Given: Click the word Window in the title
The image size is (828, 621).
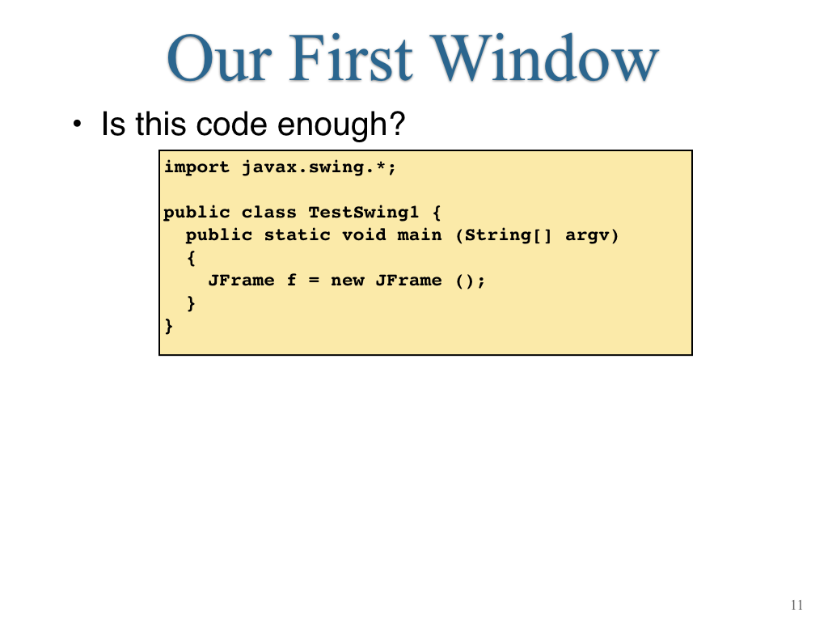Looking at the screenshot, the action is [x=545, y=57].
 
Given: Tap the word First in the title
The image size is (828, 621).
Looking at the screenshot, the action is [x=351, y=57].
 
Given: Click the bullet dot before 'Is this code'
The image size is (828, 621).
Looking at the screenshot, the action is [x=78, y=125].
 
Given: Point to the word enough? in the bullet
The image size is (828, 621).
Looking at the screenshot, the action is [x=341, y=125].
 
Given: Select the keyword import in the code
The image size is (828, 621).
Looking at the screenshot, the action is [x=197, y=167].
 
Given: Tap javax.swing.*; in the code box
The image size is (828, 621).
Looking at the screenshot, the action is [x=319, y=168].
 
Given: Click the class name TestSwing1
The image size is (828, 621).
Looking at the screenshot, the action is [x=364, y=213].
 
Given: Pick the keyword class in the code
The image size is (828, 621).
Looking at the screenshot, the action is [x=268, y=213].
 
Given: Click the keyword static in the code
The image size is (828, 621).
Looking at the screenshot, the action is [x=298, y=235].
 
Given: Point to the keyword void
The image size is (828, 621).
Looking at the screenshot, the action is [x=364, y=235].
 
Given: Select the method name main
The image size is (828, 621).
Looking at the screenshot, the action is [x=420, y=235].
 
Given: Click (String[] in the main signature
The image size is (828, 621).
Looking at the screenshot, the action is [x=504, y=235].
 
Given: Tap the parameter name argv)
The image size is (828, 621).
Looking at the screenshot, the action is [x=592, y=236].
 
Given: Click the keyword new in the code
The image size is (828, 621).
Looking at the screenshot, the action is [x=348, y=281].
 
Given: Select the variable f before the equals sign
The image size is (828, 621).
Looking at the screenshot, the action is [x=291, y=280].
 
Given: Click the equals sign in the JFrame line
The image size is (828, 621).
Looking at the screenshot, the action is [x=315, y=281].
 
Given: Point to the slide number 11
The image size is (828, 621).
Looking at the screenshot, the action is [x=796, y=605].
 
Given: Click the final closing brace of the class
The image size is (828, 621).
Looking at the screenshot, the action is [x=169, y=326].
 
